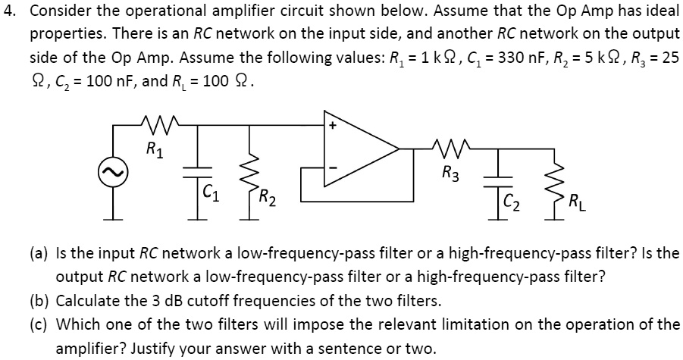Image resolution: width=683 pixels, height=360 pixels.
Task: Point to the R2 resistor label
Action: pyautogui.click(x=267, y=201)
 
